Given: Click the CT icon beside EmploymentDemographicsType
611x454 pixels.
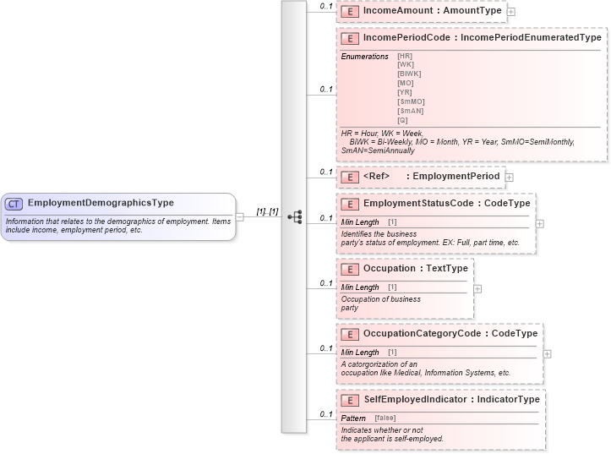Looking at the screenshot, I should coord(14,204).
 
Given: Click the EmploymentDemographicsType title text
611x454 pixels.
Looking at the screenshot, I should coord(101,204).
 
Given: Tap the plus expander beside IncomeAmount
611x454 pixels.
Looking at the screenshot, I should coord(511,12).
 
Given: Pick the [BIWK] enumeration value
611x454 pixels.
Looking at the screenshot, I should coord(409,74).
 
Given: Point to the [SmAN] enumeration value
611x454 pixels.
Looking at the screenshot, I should coord(410,111).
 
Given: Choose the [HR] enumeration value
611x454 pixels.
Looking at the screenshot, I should coord(405,56).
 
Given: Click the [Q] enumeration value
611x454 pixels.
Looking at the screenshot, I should coord(402,120).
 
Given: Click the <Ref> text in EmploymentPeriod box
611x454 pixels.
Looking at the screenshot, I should coord(376,177).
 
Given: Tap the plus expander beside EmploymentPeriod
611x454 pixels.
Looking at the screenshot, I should coord(510,177).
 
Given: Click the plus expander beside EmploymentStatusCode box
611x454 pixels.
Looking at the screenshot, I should coord(540,224).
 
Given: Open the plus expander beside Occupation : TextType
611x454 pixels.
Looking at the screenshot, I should coord(478,288).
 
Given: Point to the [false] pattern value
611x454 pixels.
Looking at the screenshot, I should coord(385,418).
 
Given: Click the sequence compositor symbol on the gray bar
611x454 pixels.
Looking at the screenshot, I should coord(294,216).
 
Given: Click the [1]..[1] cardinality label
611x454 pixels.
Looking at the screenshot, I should coord(267,211).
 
